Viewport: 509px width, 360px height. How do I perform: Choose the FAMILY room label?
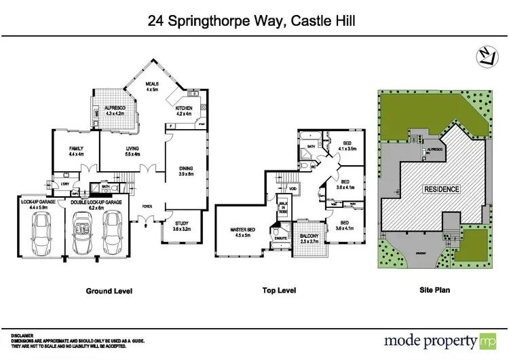click(x=76, y=151)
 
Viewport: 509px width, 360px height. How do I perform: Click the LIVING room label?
click(x=132, y=151)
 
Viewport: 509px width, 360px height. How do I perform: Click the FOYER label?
click(x=147, y=206)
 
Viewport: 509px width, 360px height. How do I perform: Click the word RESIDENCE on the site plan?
click(x=442, y=189)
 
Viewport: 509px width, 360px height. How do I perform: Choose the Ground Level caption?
click(x=109, y=291)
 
